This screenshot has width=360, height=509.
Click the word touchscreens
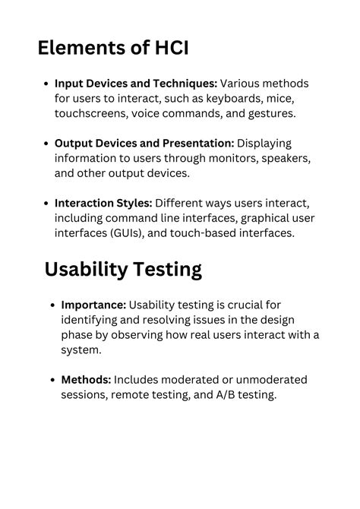[90, 114]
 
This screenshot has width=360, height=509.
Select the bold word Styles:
[132, 203]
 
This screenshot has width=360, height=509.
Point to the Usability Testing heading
[122, 270]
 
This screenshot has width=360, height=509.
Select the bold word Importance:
[93, 305]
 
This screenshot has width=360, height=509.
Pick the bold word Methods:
[86, 380]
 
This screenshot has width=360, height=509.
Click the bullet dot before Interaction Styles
[47, 204]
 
